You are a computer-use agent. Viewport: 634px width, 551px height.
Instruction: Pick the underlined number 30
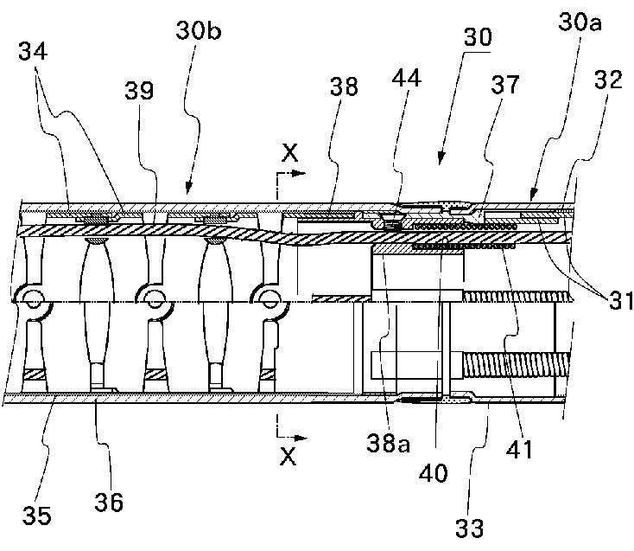[x=478, y=37]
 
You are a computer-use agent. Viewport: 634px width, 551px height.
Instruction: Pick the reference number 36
[x=110, y=501]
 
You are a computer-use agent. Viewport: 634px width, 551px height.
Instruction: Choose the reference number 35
[x=36, y=516]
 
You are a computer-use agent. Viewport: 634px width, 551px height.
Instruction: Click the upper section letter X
[x=290, y=154]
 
